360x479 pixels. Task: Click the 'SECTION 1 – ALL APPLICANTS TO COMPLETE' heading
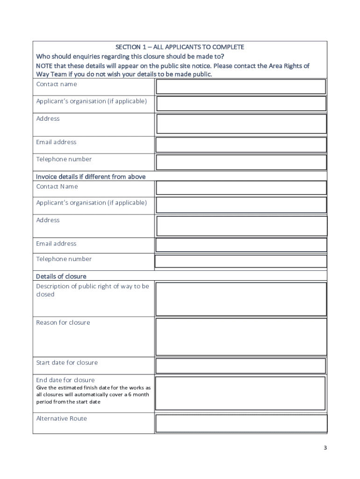click(180, 47)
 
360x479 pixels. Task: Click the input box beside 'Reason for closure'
click(241, 337)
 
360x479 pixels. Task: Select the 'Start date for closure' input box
click(241, 366)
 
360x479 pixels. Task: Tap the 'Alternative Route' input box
click(241, 423)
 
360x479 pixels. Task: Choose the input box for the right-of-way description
click(241, 299)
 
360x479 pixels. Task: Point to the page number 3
click(325, 448)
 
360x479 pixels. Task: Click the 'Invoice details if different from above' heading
click(91, 177)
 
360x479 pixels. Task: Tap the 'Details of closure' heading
click(61, 276)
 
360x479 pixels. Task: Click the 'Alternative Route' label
click(62, 419)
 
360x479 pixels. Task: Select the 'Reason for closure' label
click(63, 323)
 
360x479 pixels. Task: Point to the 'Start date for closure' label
click(67, 363)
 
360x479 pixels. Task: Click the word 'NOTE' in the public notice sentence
click(45, 66)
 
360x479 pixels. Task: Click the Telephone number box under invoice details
click(241, 261)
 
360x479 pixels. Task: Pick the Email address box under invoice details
click(241, 245)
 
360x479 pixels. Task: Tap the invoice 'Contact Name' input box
click(241, 188)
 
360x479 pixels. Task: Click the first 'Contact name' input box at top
click(241, 87)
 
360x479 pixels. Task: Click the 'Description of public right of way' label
click(93, 286)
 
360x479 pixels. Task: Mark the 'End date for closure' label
click(65, 380)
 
